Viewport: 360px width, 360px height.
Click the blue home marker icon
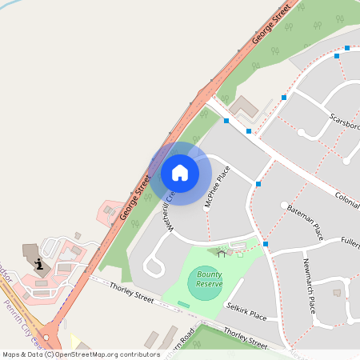click(180, 172)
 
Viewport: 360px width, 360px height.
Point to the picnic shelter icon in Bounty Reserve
click(222, 253)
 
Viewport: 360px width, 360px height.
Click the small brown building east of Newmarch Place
click(337, 292)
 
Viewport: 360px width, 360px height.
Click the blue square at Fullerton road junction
click(266, 243)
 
